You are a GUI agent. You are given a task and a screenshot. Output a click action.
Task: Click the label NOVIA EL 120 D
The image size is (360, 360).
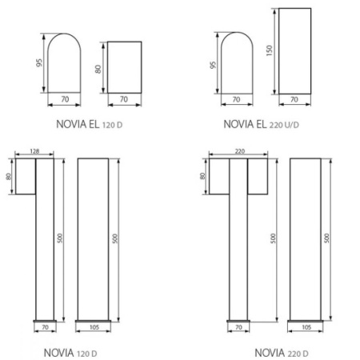[90, 124]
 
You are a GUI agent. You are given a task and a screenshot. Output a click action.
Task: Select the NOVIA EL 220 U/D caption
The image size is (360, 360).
[265, 124]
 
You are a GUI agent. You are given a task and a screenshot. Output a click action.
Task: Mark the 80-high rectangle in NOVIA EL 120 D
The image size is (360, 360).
[124, 67]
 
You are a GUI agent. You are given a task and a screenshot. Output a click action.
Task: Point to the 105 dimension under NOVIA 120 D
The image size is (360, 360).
[93, 327]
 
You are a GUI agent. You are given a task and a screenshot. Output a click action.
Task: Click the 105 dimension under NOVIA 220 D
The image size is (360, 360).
[306, 327]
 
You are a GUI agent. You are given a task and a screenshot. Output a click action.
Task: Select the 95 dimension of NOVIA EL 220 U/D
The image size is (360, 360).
[214, 64]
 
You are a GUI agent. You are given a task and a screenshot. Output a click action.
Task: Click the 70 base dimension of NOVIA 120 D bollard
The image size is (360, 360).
[44, 327]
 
